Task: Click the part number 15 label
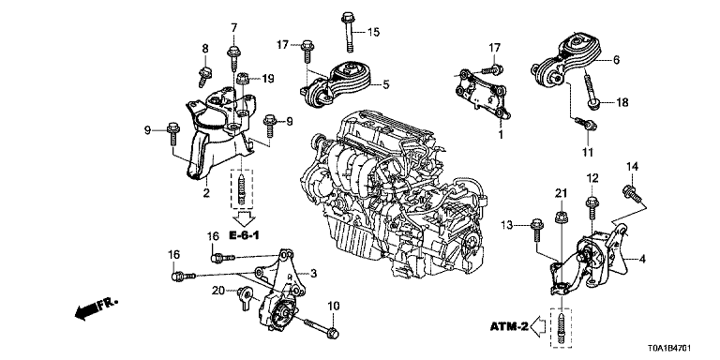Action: click(x=374, y=32)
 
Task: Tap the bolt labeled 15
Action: click(x=347, y=33)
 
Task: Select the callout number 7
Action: click(x=234, y=27)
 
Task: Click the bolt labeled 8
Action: click(x=204, y=76)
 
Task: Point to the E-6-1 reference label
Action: click(x=244, y=235)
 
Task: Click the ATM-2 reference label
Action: click(x=509, y=327)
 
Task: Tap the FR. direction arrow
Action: click(x=96, y=307)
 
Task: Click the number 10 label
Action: click(x=333, y=307)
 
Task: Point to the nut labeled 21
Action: click(x=561, y=217)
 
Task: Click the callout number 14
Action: click(x=633, y=167)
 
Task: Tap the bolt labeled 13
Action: click(x=536, y=231)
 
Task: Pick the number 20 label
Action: click(x=217, y=291)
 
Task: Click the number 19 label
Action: click(x=268, y=79)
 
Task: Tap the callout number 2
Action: click(x=206, y=193)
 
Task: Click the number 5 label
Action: click(x=386, y=84)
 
